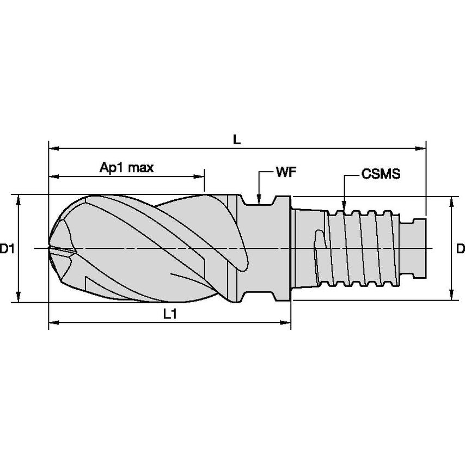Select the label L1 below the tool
pyautogui.click(x=170, y=314)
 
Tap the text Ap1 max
pyautogui.click(x=126, y=168)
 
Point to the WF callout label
pyautogui.click(x=286, y=173)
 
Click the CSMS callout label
pyautogui.click(x=381, y=174)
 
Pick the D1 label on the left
pyautogui.click(x=7, y=249)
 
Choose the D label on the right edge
pyautogui.click(x=460, y=249)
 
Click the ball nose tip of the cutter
pyautogui.click(x=50, y=248)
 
